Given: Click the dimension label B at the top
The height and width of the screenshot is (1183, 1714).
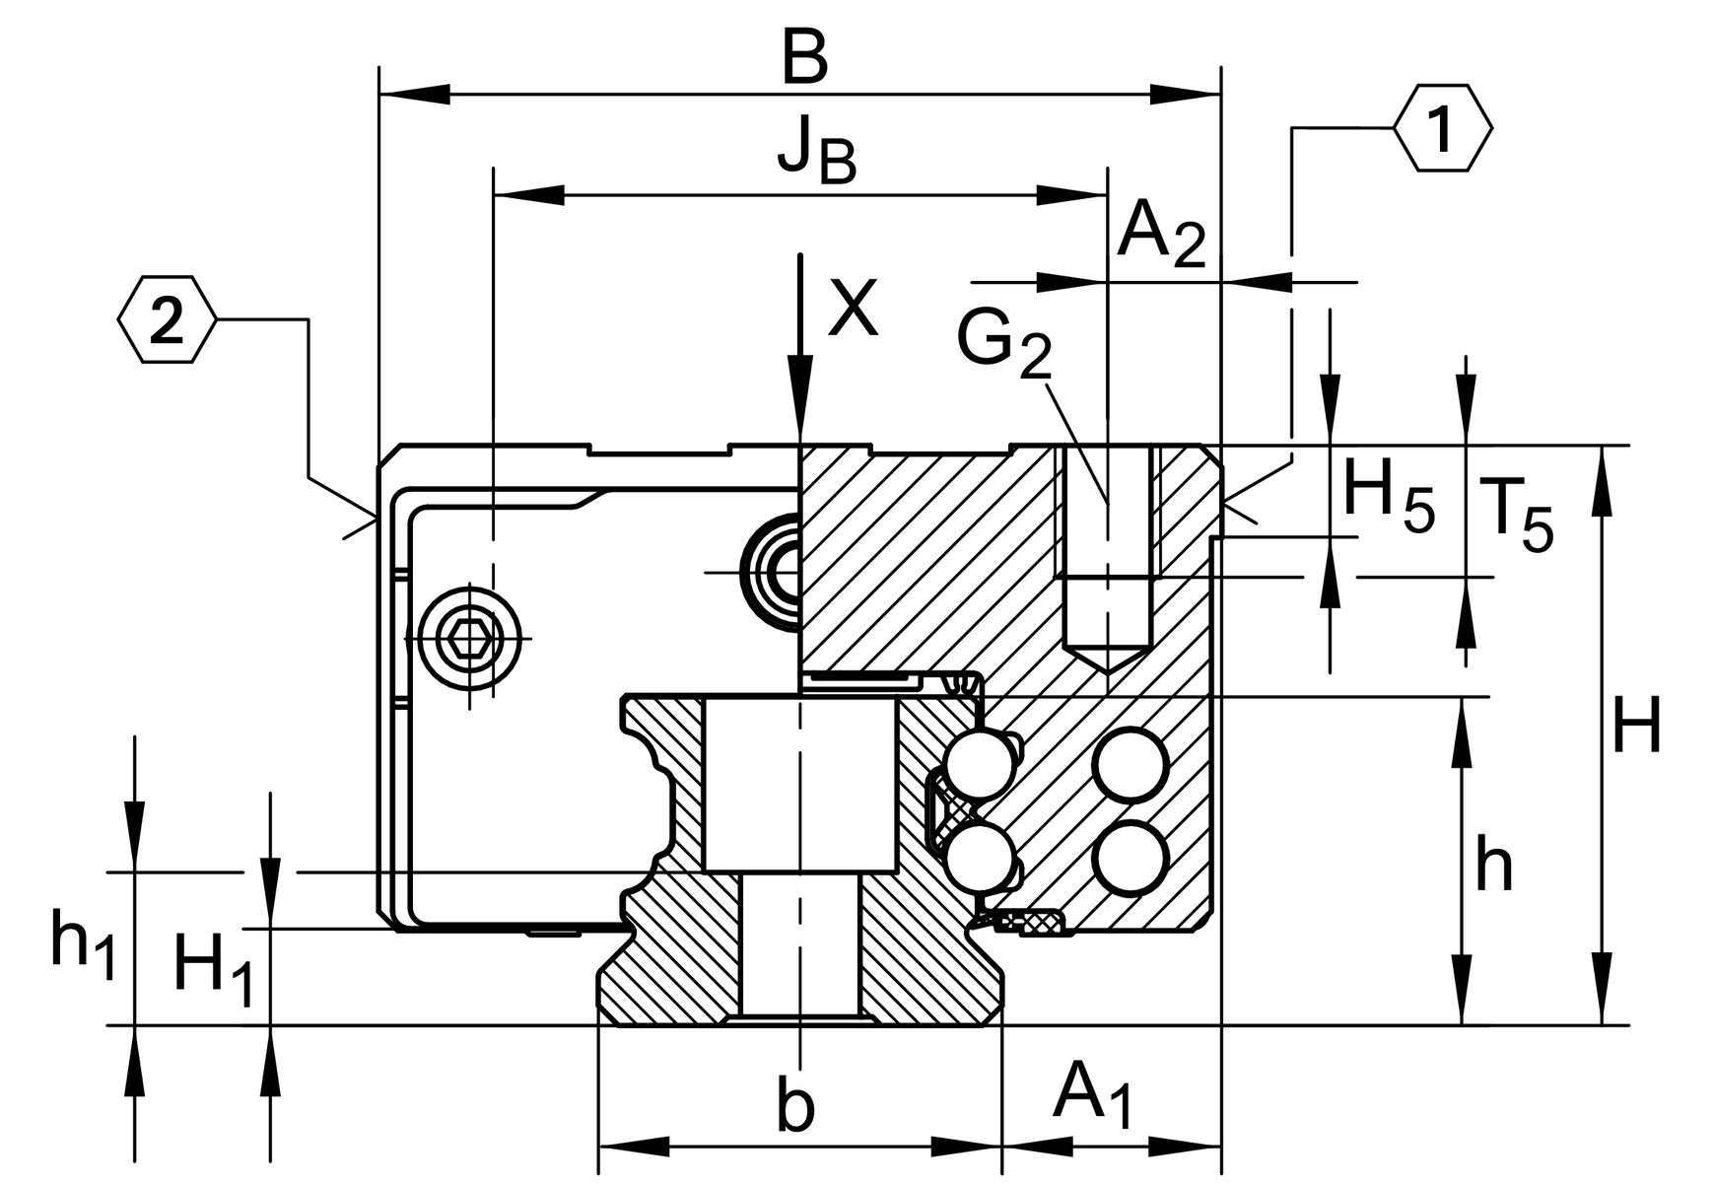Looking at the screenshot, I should click(x=804, y=61).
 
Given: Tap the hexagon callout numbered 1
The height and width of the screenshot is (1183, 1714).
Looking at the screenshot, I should click(x=1442, y=129).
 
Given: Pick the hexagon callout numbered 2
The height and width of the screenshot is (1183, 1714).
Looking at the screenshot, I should click(x=166, y=320).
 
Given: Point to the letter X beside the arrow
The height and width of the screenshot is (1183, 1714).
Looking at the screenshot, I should click(x=852, y=308).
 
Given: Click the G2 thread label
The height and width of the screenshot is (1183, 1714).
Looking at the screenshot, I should click(x=1003, y=344).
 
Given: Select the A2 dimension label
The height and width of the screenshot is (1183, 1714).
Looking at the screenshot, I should click(x=1160, y=236).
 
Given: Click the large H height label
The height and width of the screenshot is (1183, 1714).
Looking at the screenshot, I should click(x=1636, y=727).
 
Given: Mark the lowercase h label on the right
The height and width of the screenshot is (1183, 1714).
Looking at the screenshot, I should click(x=1493, y=865).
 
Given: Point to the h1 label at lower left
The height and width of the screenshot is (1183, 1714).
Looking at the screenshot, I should click(x=83, y=946).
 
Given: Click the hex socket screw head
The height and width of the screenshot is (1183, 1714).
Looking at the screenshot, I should click(x=470, y=638).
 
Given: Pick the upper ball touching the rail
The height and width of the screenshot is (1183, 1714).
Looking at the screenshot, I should click(x=977, y=764).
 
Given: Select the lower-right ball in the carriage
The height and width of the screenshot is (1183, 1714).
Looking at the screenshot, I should click(x=1131, y=857).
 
